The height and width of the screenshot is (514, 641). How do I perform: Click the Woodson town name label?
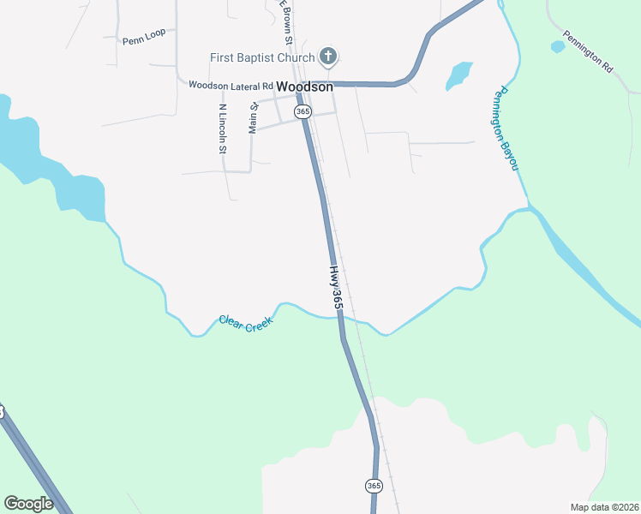[x=305, y=87]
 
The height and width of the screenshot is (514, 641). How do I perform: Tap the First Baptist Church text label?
[x=263, y=58]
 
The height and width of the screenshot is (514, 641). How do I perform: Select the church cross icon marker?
[x=326, y=57]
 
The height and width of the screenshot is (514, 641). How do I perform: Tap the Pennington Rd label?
[x=589, y=52]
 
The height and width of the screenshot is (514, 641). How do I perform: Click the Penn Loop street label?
[x=144, y=40]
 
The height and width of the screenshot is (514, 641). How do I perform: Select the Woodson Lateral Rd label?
[x=231, y=86]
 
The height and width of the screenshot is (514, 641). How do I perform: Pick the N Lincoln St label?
[x=222, y=128]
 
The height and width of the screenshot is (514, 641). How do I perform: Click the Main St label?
[x=253, y=118]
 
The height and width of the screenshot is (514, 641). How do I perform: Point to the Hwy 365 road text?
[x=335, y=287]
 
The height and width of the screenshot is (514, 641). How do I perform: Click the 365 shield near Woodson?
[x=303, y=112]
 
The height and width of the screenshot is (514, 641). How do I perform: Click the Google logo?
[x=28, y=504]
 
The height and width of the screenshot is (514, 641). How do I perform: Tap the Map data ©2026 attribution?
[x=604, y=507]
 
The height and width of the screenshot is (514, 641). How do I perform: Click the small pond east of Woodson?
[x=458, y=75]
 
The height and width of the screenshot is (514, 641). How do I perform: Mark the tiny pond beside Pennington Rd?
[x=558, y=46]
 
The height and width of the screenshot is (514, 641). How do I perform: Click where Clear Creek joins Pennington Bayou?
[x=529, y=208]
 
